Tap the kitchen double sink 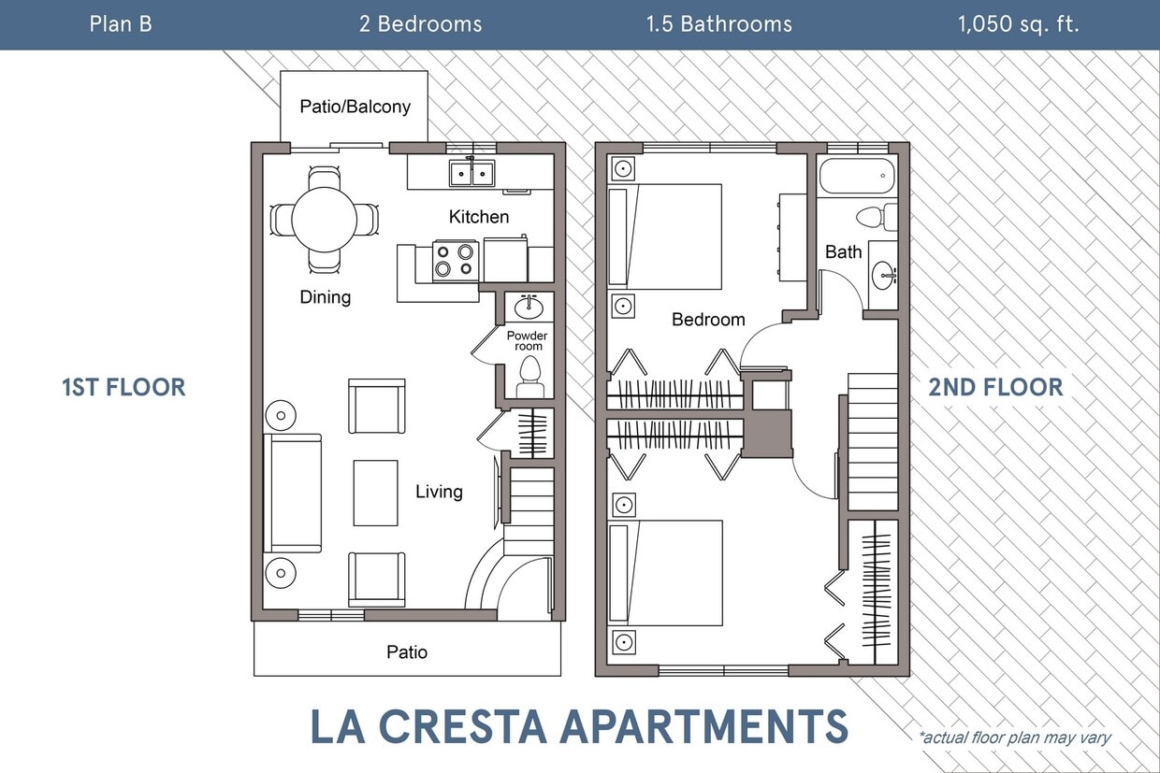point(471,173)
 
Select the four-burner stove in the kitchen point(456,261)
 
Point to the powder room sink point(530,306)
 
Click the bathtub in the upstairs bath point(857,176)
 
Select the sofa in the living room point(294,493)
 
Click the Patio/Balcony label point(355,107)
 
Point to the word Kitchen point(479,217)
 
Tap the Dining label point(325,297)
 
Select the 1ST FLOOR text point(123,387)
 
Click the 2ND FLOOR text point(995,387)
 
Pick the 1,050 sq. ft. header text point(1018,24)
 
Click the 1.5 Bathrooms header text point(718,24)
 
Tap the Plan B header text point(121,24)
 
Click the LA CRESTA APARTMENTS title point(579,726)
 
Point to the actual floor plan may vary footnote point(1014,737)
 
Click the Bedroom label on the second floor point(708,320)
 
